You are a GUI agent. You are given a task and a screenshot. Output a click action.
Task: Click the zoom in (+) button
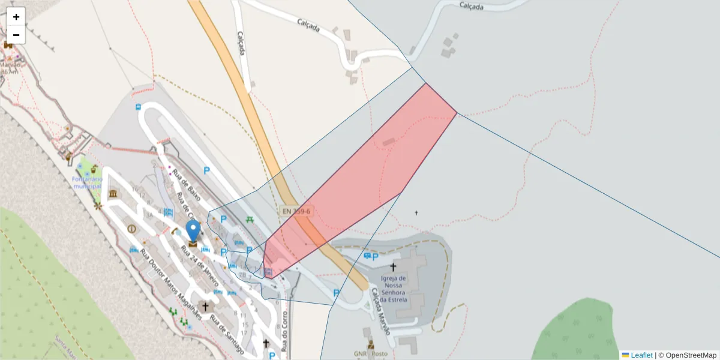point(16,17)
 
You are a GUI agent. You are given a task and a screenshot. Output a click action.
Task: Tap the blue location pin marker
point(193,232)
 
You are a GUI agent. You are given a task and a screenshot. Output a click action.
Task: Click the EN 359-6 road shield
point(296,211)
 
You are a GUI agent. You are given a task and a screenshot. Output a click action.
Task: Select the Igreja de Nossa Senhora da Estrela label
point(394,288)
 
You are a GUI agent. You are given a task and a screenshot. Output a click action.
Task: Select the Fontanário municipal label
point(88,182)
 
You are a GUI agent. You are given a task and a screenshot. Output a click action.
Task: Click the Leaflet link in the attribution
point(641,355)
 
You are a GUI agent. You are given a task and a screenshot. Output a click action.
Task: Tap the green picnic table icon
point(250,220)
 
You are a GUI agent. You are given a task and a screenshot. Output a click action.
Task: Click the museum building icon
point(113,194)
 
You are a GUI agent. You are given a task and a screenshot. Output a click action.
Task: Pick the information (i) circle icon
point(131,229)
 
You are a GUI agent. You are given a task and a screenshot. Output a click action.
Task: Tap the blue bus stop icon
point(139,107)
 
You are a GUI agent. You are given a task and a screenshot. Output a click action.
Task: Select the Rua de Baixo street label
point(185,183)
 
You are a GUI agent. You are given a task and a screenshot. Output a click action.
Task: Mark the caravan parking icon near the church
point(367,256)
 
